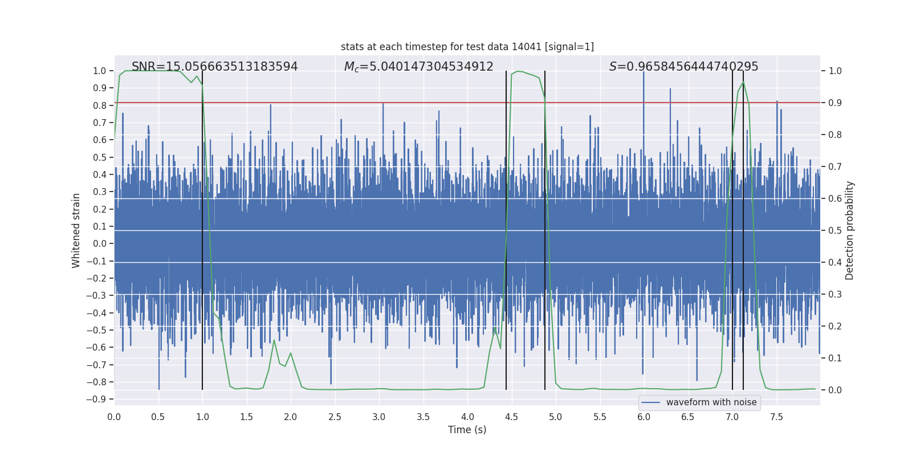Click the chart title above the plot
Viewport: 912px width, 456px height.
coord(467,47)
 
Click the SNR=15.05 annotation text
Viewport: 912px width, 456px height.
coord(214,67)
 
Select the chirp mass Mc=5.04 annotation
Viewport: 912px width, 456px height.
coord(418,67)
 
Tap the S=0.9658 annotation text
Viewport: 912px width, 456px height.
coord(683,67)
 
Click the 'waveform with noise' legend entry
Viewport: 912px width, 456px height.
coord(711,402)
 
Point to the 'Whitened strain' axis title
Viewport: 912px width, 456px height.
coord(76,230)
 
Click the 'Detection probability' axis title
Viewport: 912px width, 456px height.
coord(849,230)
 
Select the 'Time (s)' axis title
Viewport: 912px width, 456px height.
coord(467,430)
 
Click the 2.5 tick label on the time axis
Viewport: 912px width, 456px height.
coord(335,417)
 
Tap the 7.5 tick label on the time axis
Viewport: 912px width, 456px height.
coord(776,417)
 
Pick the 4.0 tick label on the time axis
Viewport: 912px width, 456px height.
coord(467,417)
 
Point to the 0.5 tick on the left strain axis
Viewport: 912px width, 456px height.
coord(100,157)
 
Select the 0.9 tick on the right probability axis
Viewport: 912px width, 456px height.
coord(835,103)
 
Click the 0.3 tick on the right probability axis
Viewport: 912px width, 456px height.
coord(835,294)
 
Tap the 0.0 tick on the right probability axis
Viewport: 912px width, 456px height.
coord(835,390)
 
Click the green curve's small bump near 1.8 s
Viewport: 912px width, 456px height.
coord(274,341)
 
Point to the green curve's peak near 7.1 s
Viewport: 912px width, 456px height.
coord(743,82)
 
